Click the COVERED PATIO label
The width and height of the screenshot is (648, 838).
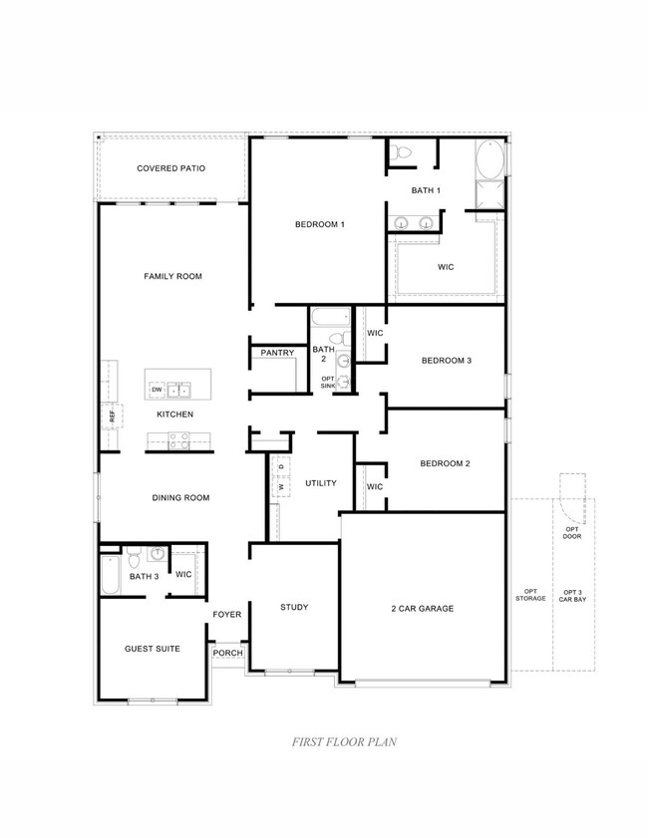171,168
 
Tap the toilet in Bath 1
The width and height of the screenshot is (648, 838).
399,151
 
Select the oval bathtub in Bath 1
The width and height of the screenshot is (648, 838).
490,159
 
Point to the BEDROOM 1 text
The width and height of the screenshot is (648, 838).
319,224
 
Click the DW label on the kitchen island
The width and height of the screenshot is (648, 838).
158,390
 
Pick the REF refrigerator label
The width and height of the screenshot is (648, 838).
112,415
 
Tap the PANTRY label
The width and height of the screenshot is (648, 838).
276,353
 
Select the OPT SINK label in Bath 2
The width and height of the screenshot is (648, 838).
328,383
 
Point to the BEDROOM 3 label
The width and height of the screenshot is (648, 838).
446,360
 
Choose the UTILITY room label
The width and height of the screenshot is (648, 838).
320,483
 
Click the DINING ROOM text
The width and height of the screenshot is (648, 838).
180,498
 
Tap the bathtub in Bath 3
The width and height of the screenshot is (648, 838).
110,575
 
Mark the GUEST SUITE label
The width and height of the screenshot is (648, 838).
153,649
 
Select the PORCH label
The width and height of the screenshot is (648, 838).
227,654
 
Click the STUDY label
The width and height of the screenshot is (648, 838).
294,607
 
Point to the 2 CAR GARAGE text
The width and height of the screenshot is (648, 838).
422,608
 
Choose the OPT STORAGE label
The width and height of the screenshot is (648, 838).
530,595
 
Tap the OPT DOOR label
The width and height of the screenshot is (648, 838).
571,532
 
